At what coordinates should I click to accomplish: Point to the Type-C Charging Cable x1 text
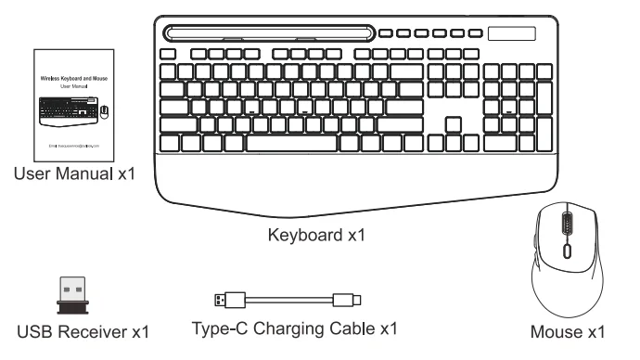(294, 328)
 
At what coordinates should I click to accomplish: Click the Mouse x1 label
(572, 331)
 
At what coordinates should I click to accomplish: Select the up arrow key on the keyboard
(453, 123)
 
